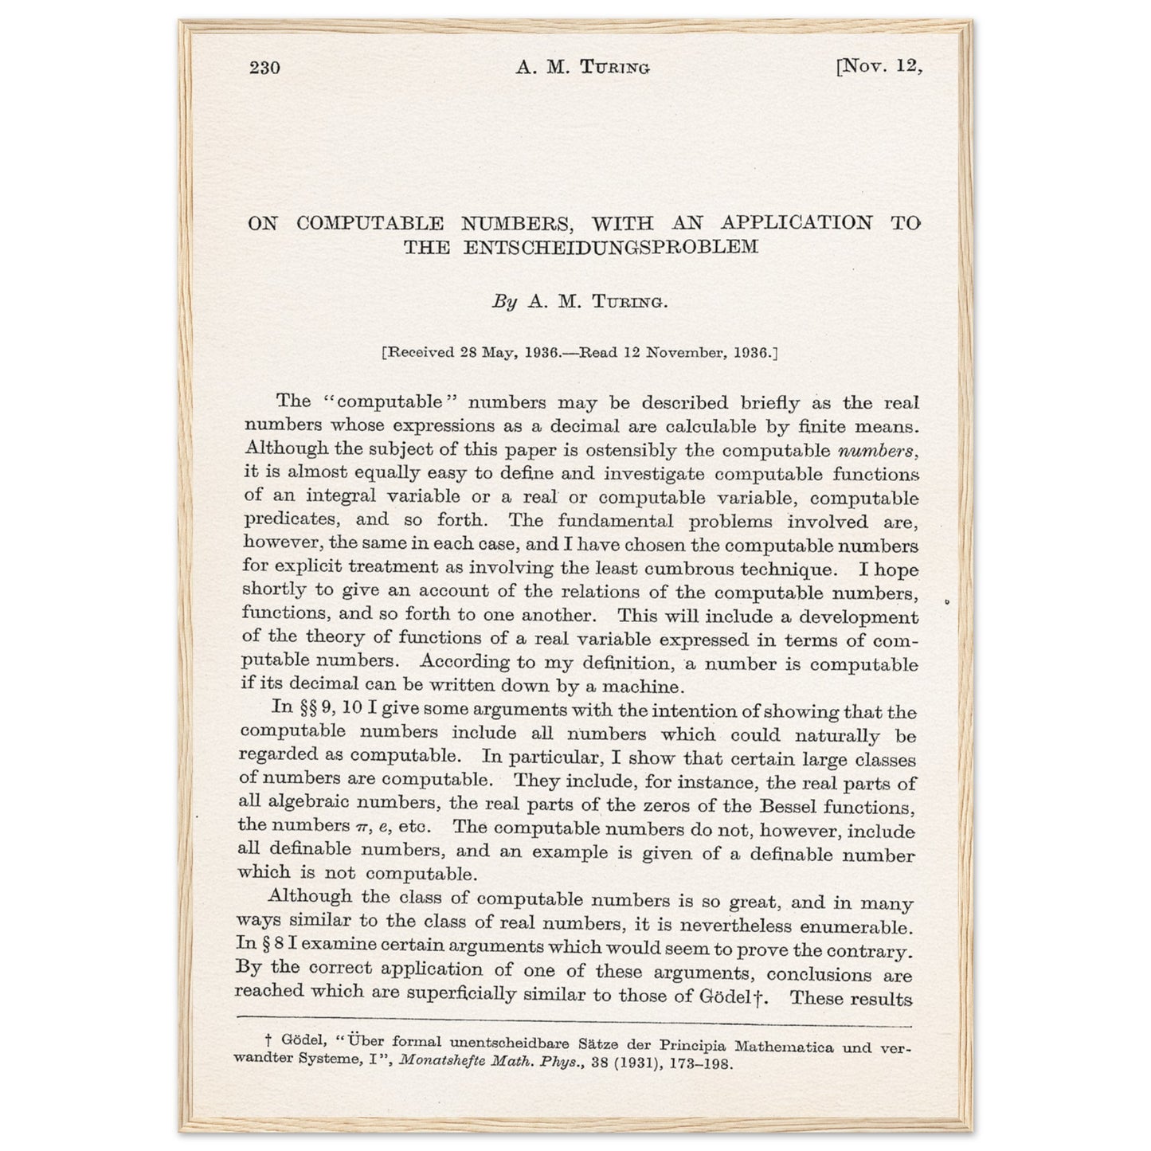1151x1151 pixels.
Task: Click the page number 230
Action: coord(264,68)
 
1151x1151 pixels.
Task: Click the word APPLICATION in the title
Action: coord(797,222)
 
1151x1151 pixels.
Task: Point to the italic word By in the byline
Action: coord(504,302)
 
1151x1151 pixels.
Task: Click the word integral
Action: coord(338,496)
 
